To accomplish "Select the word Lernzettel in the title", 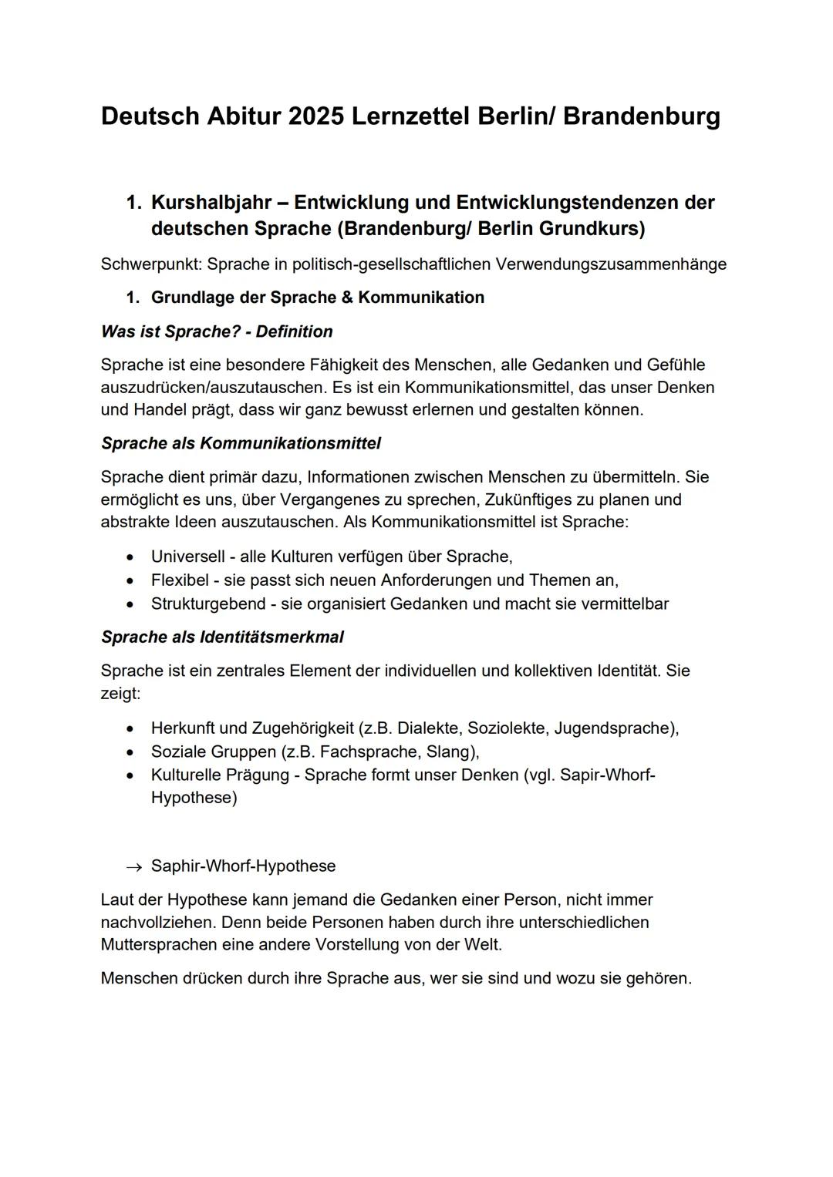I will pos(410,116).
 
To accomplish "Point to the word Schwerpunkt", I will pos(150,264).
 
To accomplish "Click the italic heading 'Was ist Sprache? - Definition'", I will pos(217,331).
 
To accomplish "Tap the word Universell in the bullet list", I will pos(187,557).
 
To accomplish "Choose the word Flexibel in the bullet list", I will pos(180,580).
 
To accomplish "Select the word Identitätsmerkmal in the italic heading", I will pos(271,637).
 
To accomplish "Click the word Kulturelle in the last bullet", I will pos(187,775).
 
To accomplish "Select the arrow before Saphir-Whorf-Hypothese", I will pos(134,867).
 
